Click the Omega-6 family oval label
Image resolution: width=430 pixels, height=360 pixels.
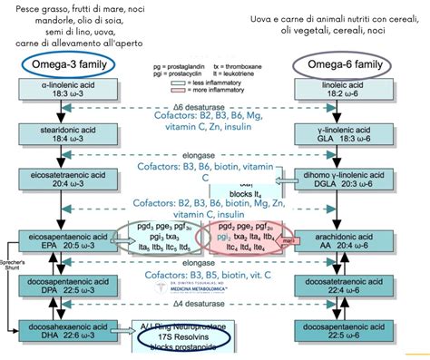[x=342, y=66]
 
